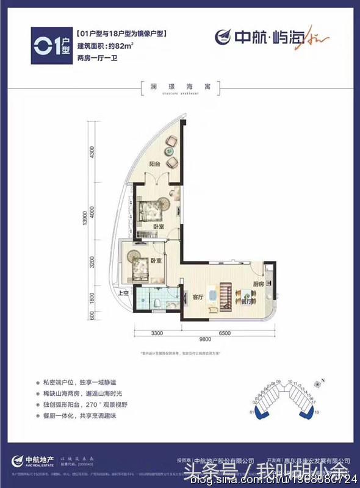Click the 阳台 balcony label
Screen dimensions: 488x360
pyautogui.click(x=154, y=163)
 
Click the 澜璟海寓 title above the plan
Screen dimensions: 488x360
pyautogui.click(x=179, y=86)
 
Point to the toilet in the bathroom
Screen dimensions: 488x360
pyautogui.click(x=158, y=303)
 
